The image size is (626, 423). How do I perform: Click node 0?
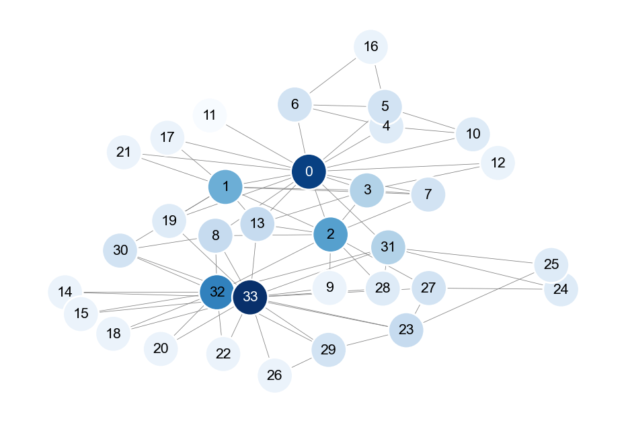point(309,171)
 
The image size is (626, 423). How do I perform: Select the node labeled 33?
point(250,297)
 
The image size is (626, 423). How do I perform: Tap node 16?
point(370,47)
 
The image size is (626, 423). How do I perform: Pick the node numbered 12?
point(498,163)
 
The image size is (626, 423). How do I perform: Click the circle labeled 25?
point(551,264)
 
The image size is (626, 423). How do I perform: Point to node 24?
point(561,290)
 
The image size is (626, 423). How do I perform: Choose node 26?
point(274,375)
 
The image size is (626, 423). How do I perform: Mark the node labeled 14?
point(65,292)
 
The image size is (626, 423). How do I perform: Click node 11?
point(210,114)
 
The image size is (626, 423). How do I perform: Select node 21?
point(124,152)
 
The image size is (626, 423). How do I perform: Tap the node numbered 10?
point(473,134)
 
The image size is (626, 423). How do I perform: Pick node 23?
point(406,330)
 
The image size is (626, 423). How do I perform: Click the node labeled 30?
point(120,250)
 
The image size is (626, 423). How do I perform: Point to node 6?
point(295,105)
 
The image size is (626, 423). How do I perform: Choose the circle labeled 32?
point(217,292)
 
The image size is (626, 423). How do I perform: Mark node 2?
point(330,234)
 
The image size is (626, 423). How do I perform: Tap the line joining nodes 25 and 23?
point(479,297)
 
